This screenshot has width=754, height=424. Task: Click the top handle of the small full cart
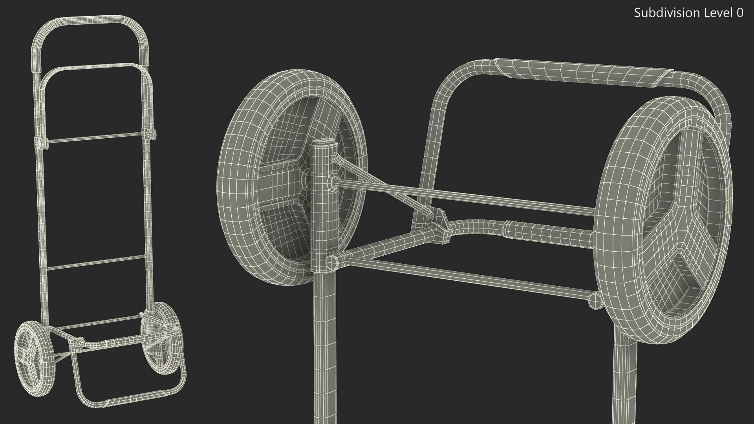click(90, 20)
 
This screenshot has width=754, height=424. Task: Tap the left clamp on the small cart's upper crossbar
click(42, 143)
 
